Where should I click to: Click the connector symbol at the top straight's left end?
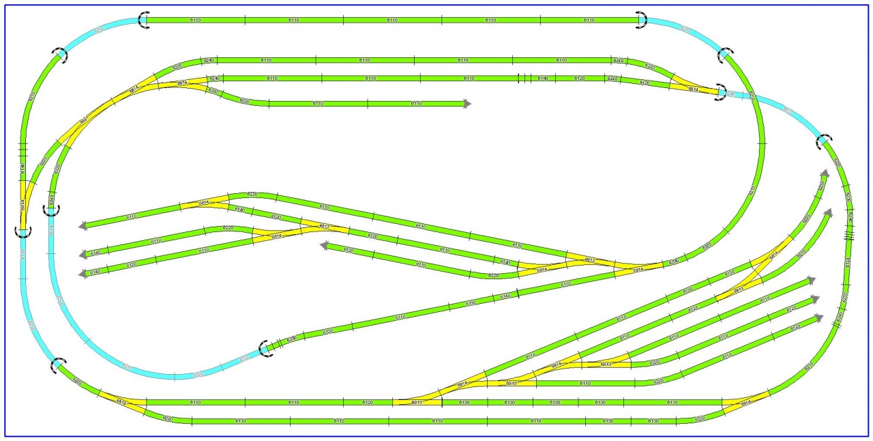[143, 20]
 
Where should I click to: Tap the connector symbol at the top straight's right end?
[640, 20]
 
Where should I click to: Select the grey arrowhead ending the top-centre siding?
[467, 104]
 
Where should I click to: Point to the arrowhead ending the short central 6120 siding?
[325, 246]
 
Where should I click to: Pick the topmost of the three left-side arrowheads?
[83, 225]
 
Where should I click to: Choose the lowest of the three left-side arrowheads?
[83, 274]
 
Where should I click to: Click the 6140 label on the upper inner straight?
[542, 79]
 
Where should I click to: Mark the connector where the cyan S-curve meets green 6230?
[266, 349]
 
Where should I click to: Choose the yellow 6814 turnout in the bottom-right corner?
[745, 402]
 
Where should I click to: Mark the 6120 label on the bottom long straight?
[368, 403]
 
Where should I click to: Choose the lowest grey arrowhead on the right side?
[819, 318]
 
